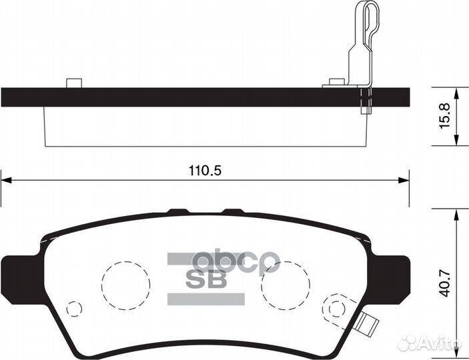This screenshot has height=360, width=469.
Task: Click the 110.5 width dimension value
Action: [x=205, y=170]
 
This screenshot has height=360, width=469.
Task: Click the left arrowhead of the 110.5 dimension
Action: [x=5, y=179]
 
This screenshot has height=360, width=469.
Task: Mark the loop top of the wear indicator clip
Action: [x=365, y=7]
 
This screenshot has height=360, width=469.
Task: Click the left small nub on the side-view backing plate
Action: [x=73, y=83]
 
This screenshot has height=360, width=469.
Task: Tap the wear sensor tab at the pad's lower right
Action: [x=366, y=325]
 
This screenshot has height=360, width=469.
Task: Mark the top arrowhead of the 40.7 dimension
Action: [x=456, y=211]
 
